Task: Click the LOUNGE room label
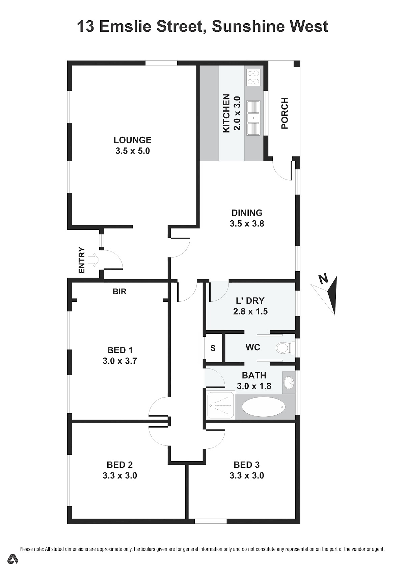point(133,140)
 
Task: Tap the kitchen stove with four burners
point(253,78)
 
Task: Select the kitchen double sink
point(253,118)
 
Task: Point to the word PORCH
point(285,113)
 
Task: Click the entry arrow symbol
point(93,260)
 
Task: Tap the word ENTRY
point(81,260)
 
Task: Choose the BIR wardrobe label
point(120,291)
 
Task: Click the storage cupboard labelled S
point(213,348)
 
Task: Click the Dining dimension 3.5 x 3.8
point(247,224)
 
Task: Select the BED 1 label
point(120,350)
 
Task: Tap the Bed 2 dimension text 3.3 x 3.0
point(120,475)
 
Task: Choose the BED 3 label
point(247,465)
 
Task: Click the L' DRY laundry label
point(250,300)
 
